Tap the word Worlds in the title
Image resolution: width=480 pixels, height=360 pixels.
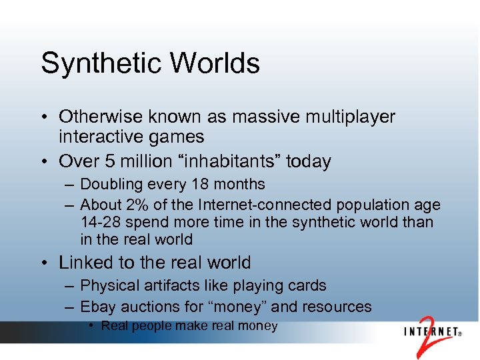point(214,63)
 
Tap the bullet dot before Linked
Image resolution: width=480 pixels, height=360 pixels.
point(45,263)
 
